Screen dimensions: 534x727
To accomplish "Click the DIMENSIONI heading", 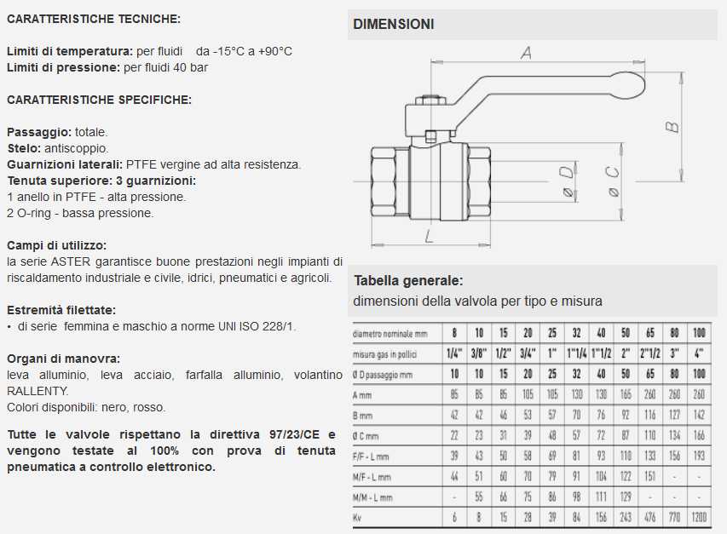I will click(393, 24).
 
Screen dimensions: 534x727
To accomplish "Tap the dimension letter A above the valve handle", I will click(526, 52).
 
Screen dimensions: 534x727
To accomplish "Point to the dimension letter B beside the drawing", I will click(672, 126).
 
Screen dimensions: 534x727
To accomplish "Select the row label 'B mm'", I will click(365, 416).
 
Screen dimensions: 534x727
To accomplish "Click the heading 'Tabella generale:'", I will click(408, 280).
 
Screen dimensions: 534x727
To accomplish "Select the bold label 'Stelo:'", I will click(23, 148).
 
